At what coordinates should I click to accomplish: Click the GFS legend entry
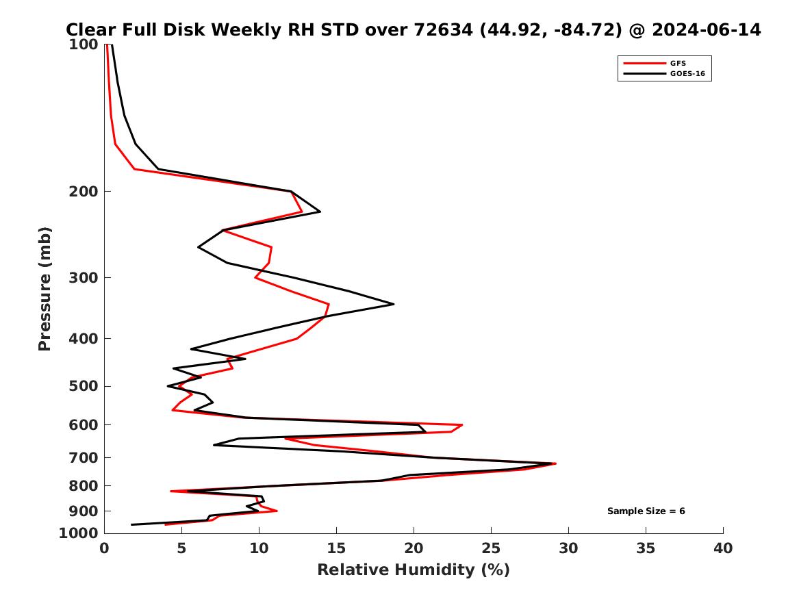(677, 63)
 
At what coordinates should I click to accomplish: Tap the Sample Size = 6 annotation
(646, 511)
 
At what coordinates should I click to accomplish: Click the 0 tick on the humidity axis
(104, 548)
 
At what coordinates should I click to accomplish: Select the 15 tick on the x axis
(336, 548)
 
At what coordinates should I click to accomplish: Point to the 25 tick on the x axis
(491, 548)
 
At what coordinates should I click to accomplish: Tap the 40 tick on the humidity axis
(723, 548)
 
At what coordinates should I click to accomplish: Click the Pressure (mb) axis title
(45, 289)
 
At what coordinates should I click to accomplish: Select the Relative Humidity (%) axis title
(413, 570)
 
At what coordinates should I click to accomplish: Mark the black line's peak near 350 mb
(394, 304)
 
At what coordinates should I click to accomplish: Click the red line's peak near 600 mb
(462, 425)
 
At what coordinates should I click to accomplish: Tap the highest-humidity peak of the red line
(555, 463)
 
